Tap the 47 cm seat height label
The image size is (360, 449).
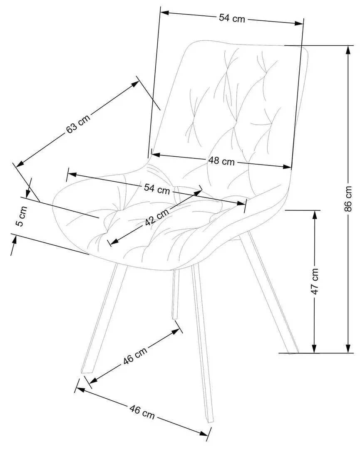[315, 281]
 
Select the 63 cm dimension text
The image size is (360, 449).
[78, 123]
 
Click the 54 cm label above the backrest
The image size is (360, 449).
[232, 18]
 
